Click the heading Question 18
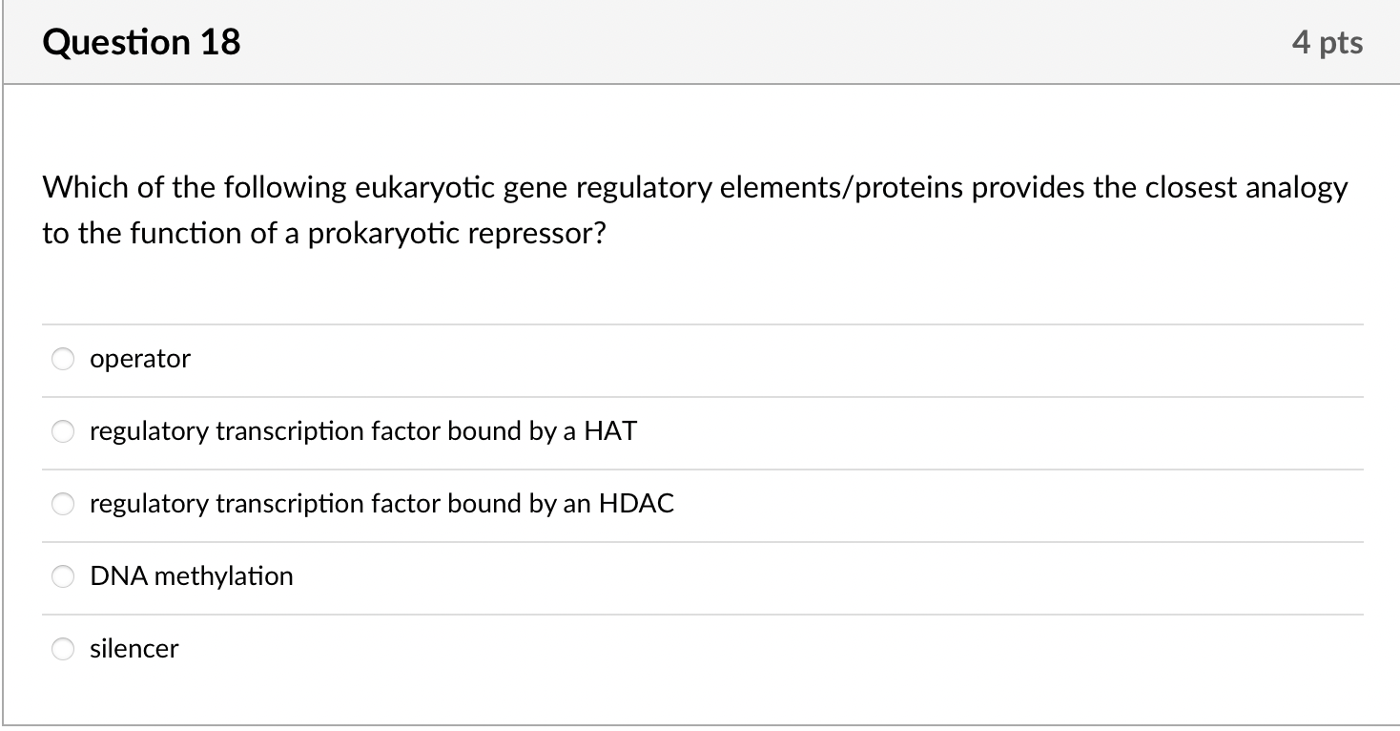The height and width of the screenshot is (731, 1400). click(141, 42)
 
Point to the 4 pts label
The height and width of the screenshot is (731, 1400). click(1328, 42)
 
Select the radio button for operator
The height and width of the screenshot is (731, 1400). click(63, 359)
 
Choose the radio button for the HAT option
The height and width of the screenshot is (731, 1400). click(63, 431)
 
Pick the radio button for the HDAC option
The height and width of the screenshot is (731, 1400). click(63, 504)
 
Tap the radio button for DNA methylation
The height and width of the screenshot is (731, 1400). click(63, 576)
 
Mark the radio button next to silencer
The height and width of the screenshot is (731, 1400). click(63, 649)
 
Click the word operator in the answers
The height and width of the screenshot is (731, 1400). click(140, 359)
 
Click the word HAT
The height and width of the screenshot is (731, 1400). click(609, 431)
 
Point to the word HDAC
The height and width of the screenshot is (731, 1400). click(636, 504)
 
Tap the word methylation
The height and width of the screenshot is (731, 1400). click(223, 576)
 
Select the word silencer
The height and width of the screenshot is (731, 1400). click(134, 649)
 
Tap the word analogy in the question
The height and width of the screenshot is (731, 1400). click(1298, 188)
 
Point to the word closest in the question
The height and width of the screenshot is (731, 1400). click(1191, 188)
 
